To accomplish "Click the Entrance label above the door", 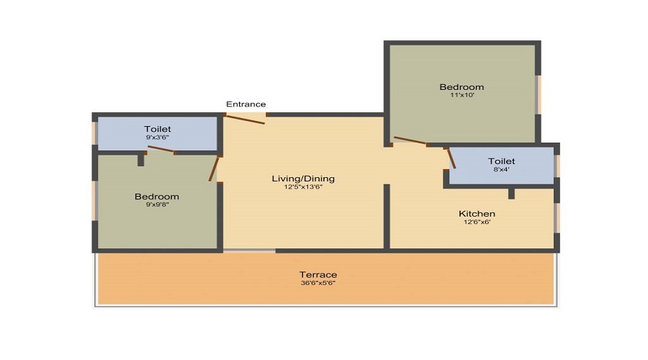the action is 246,104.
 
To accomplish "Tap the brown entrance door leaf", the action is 246,120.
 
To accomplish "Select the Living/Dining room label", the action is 303,179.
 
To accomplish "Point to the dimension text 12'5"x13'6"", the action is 303,186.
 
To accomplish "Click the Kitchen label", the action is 477,214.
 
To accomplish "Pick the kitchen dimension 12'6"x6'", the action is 477,222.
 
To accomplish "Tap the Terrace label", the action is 318,275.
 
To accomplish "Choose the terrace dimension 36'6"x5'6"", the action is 318,283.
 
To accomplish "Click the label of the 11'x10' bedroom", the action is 462,87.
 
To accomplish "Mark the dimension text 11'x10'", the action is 462,95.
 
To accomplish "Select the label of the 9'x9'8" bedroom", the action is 157,197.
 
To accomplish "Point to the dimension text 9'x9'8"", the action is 158,204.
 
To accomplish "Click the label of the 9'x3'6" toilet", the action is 158,130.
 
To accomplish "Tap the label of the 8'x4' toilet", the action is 502,161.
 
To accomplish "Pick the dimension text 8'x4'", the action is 502,169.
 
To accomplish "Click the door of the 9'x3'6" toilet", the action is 161,149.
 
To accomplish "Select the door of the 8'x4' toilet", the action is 451,158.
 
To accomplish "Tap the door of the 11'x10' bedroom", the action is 410,140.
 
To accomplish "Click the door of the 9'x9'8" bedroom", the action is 214,168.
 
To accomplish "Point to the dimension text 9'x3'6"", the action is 158,138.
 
